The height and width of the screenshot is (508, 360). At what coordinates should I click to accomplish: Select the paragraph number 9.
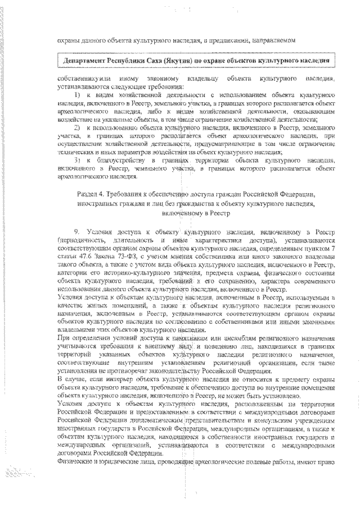tap(77, 232)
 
